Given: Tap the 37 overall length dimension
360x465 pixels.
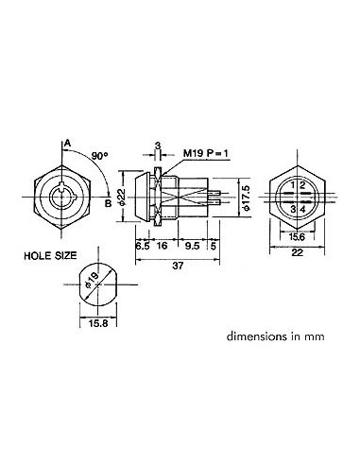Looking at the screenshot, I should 180,267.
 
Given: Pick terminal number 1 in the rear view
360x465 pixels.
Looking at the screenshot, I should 294,184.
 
